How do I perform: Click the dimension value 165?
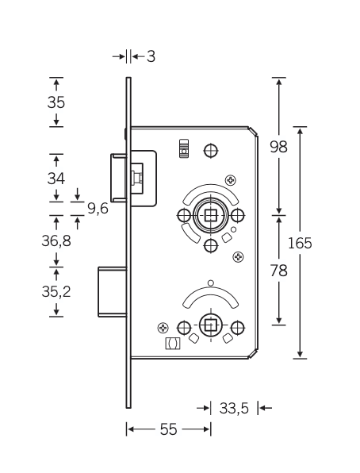[x=300, y=243]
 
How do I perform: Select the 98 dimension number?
[x=278, y=147]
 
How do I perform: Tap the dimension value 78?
[x=278, y=271]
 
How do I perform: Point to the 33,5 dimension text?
[x=234, y=409]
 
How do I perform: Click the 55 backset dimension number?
[x=168, y=429]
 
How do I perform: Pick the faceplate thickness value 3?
[x=151, y=56]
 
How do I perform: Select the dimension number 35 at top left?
[x=56, y=102]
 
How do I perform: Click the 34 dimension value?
[x=56, y=179]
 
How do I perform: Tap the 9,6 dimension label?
[x=98, y=209]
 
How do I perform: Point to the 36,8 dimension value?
[x=56, y=241]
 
